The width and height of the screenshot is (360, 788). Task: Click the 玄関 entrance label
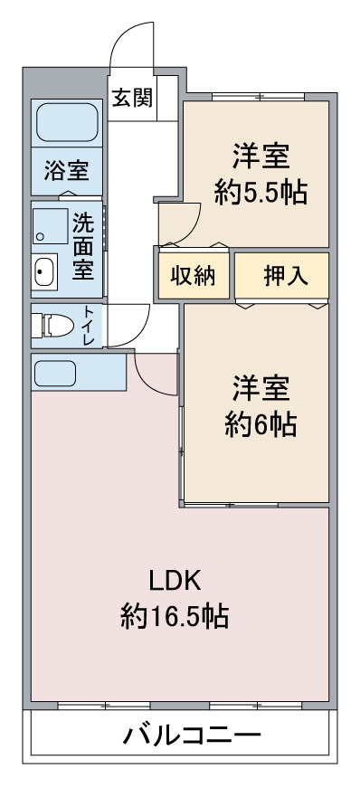131,97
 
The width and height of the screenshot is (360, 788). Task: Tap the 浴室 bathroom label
66,170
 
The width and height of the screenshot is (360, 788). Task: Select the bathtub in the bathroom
67,122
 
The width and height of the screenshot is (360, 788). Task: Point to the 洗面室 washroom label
83,246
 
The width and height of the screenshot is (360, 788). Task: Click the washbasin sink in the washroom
44,271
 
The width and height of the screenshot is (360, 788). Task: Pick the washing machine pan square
51,226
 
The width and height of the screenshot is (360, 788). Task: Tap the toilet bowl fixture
52,326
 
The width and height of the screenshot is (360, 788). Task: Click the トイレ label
88,325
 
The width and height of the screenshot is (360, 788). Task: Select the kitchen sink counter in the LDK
79,373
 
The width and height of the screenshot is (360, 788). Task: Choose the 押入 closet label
286,275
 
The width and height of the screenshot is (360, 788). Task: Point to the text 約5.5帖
261,192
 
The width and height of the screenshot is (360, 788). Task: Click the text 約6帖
261,424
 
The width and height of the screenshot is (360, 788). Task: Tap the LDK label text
175,582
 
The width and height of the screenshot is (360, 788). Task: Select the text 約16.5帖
175,615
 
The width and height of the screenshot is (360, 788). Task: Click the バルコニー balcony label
193,736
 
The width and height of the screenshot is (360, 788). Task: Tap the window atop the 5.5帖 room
258,97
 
